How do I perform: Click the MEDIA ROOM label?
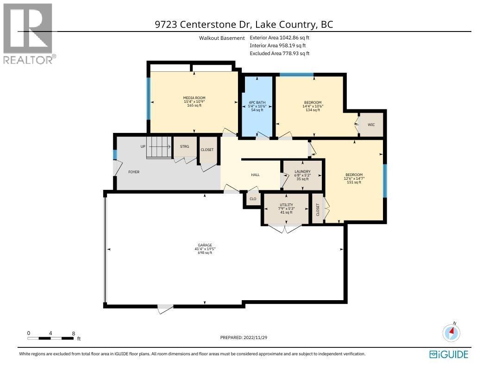pos(194,98)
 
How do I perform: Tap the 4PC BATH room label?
pos(256,102)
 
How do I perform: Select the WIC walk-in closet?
pos(371,125)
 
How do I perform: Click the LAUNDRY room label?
pos(302,171)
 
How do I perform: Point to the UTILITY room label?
pos(286,204)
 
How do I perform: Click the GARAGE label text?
pos(205,246)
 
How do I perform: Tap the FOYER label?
pos(133,172)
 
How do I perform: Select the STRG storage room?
pos(184,147)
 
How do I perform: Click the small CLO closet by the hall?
pos(253,199)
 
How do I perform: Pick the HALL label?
pos(255,175)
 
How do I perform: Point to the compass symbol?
pos(451,332)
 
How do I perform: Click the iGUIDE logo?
pos(449,354)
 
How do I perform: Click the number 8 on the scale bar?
pos(74,333)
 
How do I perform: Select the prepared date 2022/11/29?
pos(244,338)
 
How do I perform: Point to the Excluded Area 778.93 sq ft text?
pos(279,53)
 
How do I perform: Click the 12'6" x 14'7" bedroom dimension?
pos(354,178)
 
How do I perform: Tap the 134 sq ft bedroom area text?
pos(312,110)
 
